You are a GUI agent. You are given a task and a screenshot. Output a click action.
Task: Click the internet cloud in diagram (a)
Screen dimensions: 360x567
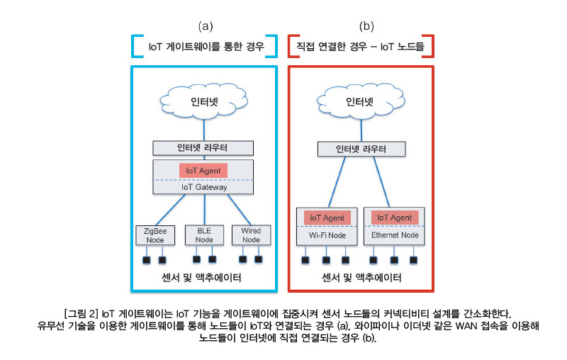pyautogui.click(x=204, y=100)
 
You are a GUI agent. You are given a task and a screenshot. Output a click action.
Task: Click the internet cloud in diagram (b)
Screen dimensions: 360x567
pyautogui.click(x=359, y=100)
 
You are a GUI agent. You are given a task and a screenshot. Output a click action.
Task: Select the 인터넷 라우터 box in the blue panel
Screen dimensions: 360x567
pyautogui.click(x=204, y=148)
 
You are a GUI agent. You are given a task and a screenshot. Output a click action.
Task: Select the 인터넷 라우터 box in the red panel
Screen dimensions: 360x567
pyautogui.click(x=361, y=149)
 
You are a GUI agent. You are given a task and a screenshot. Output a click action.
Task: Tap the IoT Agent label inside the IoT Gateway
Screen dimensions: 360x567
pyautogui.click(x=204, y=171)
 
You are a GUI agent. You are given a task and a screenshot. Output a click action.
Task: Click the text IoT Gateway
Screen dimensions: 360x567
pyautogui.click(x=204, y=187)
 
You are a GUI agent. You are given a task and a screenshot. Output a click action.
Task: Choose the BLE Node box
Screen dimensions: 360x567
pyautogui.click(x=204, y=235)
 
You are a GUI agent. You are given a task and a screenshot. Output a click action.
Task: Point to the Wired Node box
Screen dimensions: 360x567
pyautogui.click(x=252, y=235)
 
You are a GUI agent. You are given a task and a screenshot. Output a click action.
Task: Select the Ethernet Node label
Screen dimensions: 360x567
pyautogui.click(x=394, y=235)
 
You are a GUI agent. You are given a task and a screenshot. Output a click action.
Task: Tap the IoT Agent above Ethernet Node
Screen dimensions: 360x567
pyautogui.click(x=394, y=218)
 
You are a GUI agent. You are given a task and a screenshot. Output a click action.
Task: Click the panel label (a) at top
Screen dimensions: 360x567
pyautogui.click(x=205, y=26)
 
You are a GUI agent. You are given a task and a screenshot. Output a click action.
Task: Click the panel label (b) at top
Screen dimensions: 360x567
pyautogui.click(x=366, y=26)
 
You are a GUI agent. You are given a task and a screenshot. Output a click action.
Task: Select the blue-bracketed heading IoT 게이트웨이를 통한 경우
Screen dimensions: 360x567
pyautogui.click(x=206, y=47)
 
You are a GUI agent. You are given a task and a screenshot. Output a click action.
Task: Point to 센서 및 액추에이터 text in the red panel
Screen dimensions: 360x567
pyautogui.click(x=361, y=278)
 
